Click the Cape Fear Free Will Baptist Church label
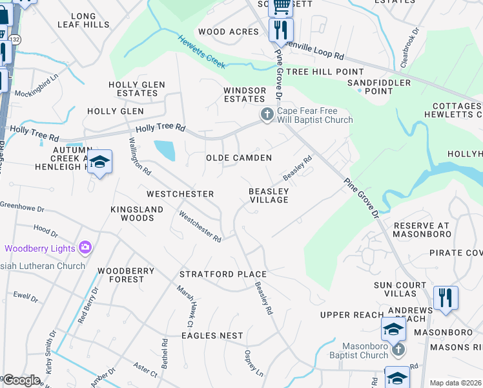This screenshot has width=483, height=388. tap(315, 115)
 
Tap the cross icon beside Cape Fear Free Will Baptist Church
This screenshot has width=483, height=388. tap(266, 115)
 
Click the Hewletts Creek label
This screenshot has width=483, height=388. tap(201, 52)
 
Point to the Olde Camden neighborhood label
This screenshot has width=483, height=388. tap(238, 158)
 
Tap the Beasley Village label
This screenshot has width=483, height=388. tap(269, 195)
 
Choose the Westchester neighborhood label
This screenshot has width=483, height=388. tap(180, 194)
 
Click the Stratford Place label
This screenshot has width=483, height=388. tap(223, 274)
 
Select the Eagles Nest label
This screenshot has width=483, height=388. tap(212, 336)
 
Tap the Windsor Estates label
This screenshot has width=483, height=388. tap(244, 94)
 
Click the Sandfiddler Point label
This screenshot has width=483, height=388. tap(379, 87)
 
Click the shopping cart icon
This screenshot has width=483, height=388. tap(281, 6)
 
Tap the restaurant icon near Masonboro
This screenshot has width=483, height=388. tap(446, 298)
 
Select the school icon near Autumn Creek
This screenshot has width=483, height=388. tap(100, 162)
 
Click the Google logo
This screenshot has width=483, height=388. tap(21, 380)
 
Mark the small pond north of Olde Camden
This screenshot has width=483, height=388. tap(165, 151)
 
